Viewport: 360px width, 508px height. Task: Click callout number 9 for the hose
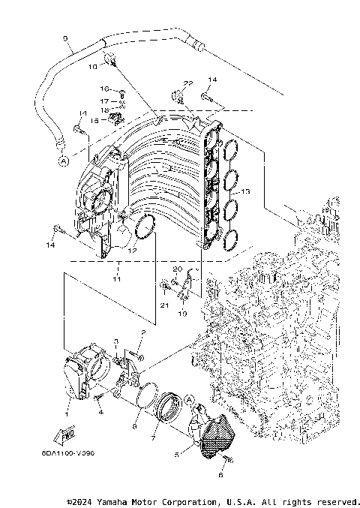[65, 38]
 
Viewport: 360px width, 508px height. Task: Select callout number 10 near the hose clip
[94, 66]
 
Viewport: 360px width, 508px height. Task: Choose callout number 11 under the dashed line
[116, 278]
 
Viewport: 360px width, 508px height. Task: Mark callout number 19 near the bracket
[182, 315]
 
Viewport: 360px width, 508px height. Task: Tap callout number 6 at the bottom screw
[220, 476]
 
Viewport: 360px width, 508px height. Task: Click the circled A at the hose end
[63, 160]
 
